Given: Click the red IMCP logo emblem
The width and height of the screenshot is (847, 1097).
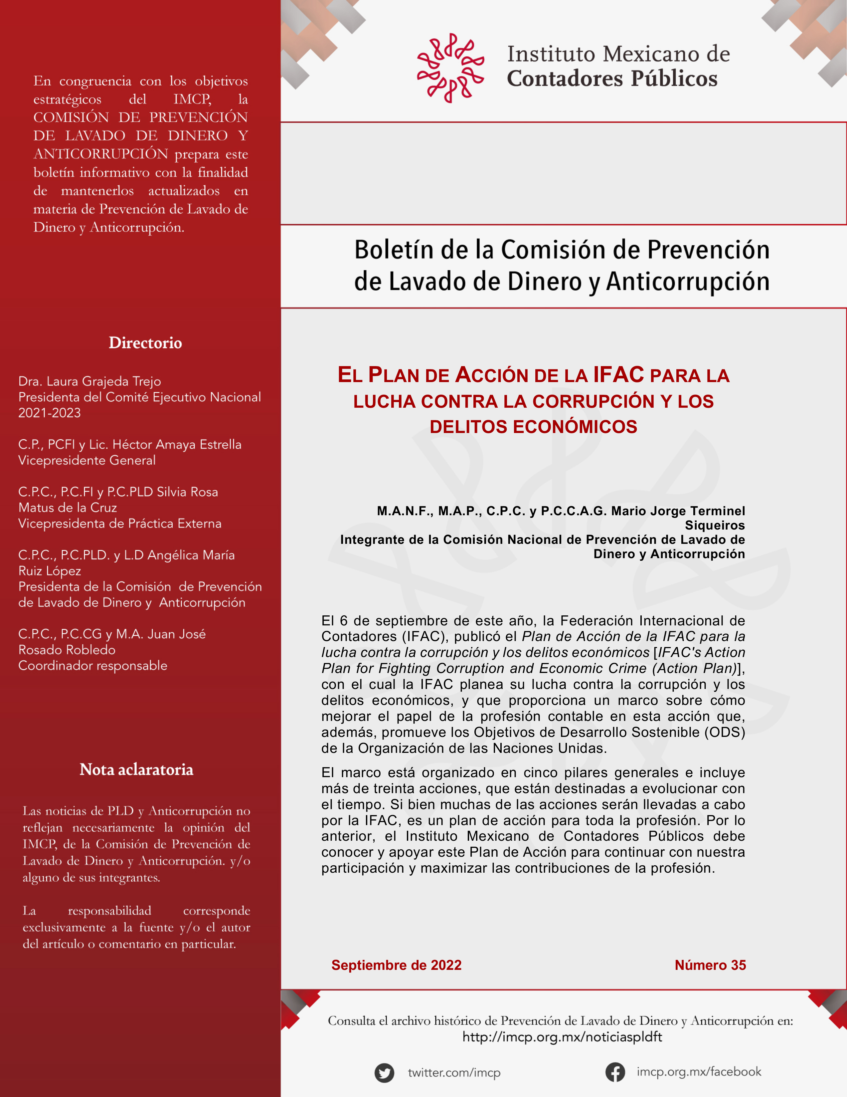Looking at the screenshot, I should click(450, 68).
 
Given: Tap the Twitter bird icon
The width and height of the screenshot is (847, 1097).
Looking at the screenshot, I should click(384, 1073).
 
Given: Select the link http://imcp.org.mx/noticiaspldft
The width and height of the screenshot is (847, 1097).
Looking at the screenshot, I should click(562, 1037).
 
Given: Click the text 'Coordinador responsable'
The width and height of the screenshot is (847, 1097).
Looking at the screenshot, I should click(93, 666).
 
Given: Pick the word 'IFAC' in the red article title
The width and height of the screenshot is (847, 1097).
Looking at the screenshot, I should click(618, 375).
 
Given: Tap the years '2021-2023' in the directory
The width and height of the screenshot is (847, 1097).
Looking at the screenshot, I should click(49, 413).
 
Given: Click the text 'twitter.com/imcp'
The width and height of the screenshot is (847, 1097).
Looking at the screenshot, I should click(454, 1073).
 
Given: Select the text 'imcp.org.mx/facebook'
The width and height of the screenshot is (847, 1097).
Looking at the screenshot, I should click(698, 1072).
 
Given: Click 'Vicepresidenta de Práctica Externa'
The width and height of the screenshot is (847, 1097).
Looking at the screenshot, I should click(119, 524).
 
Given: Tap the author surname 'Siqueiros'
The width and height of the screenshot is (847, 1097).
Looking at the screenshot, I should click(715, 526).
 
